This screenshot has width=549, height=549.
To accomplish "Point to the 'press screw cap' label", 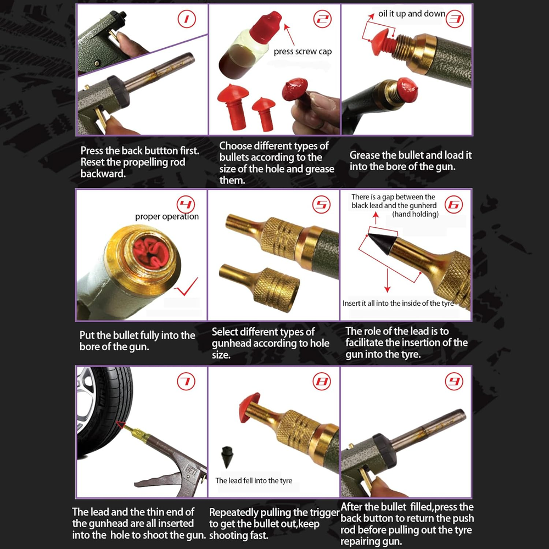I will (x=302, y=52).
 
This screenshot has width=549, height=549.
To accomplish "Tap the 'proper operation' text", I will (x=167, y=216).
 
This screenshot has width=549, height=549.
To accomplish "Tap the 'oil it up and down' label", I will (x=412, y=14).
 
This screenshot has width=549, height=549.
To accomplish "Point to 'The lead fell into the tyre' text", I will (x=254, y=480).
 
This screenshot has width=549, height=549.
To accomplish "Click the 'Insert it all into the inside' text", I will (x=398, y=303).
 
